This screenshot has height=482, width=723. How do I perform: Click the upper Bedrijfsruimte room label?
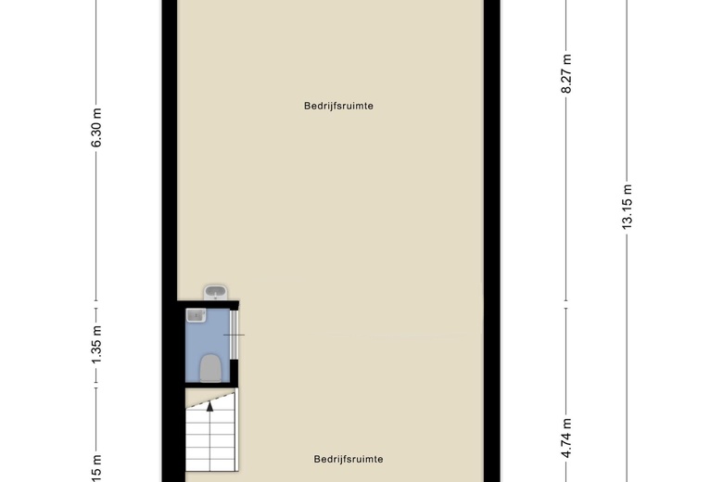tap(338, 106)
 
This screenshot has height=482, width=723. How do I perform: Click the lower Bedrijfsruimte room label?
tap(348, 459)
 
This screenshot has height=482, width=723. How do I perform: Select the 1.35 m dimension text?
tap(96, 343)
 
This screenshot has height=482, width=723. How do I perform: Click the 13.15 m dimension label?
tap(628, 207)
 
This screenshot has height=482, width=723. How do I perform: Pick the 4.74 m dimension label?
tap(566, 433)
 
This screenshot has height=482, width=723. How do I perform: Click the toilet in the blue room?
tap(210, 368)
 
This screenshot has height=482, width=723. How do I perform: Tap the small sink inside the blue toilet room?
tap(195, 316)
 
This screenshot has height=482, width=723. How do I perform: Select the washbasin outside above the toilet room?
tap(215, 293)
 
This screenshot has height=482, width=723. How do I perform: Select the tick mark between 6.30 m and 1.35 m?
tap(96, 301)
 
